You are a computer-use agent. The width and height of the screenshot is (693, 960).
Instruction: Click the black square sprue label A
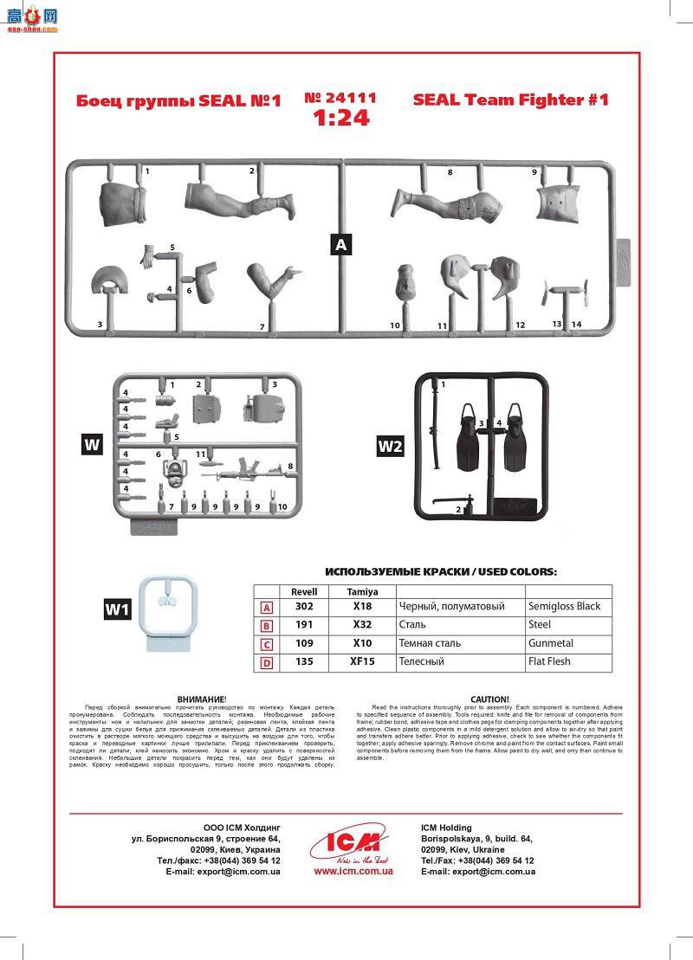(x=341, y=245)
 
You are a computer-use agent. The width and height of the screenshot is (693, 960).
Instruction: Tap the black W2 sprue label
(x=391, y=446)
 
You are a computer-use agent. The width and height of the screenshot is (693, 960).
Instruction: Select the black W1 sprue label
(x=117, y=609)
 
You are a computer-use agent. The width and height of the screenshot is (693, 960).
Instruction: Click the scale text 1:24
(x=341, y=118)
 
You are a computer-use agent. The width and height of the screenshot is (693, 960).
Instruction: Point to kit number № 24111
(x=340, y=98)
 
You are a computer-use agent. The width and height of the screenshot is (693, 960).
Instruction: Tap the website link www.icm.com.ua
(x=353, y=871)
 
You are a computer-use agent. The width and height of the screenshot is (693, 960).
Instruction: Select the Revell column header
(x=304, y=590)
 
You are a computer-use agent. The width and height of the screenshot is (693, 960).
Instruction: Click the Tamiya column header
(x=362, y=590)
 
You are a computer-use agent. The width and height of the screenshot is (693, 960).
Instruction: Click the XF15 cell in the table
(x=362, y=661)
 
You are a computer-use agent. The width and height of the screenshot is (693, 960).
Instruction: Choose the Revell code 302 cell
(x=304, y=607)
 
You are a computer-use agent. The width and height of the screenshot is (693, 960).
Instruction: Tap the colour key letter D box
(x=267, y=662)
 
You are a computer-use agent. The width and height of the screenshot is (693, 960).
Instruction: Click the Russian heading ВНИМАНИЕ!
(x=201, y=699)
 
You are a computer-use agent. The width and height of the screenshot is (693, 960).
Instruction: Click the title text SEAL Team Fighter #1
(x=510, y=100)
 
